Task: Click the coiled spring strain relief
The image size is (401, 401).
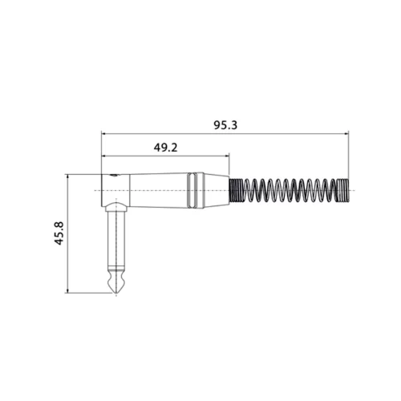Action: point(289,189)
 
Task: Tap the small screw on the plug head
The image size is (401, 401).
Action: point(115,174)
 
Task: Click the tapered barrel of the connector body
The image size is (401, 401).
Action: point(156,189)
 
